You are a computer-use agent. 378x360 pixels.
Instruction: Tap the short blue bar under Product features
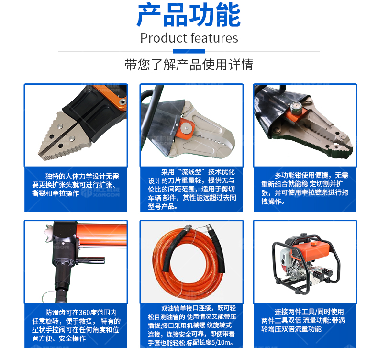click(189, 51)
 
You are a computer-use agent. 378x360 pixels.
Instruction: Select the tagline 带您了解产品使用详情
click(189, 65)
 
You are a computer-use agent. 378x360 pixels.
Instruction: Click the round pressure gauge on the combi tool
click(294, 107)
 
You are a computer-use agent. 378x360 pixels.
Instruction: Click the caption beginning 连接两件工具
click(304, 320)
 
